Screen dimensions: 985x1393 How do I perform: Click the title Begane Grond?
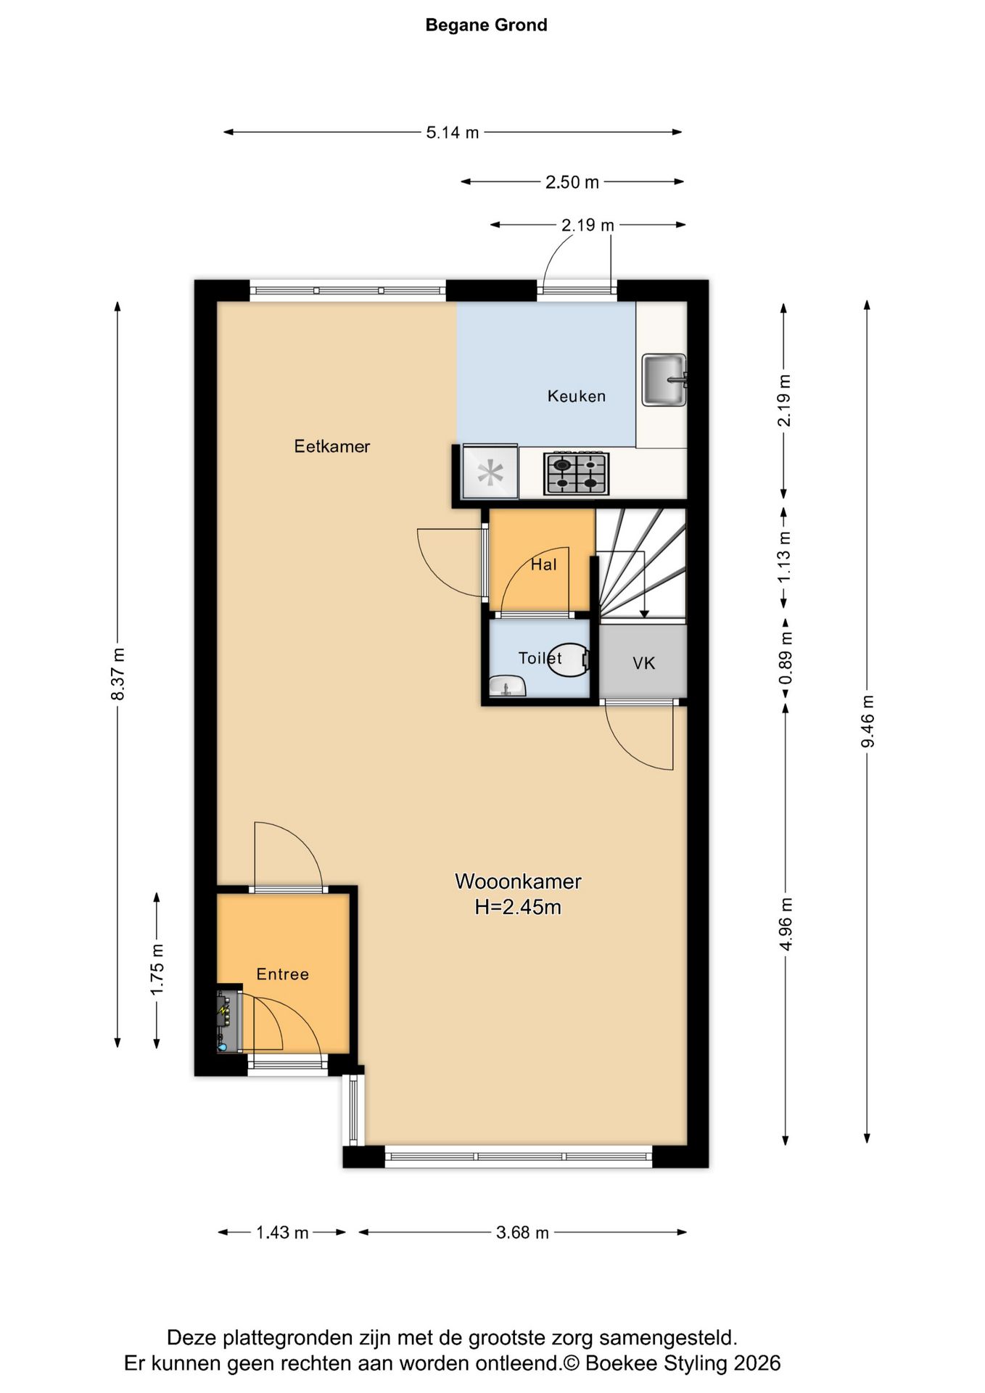point(486,25)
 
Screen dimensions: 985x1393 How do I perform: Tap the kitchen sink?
point(664,379)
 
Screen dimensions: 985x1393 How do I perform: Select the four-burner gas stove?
point(577,474)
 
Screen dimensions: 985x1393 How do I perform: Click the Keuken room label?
point(577,396)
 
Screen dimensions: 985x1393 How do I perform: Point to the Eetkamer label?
point(332,446)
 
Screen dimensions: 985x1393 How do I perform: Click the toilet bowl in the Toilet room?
point(568,659)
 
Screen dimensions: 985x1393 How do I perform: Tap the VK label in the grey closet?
point(644,662)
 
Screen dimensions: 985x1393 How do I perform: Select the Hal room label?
point(544,564)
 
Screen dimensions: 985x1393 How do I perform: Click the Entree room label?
point(283,974)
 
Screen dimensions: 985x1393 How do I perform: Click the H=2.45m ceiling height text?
point(518,907)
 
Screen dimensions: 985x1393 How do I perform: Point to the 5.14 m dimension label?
point(453,133)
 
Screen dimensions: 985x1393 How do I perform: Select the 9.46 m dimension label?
point(867,721)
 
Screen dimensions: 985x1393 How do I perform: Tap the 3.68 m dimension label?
point(522,1233)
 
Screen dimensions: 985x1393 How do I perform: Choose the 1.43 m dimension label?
point(282,1233)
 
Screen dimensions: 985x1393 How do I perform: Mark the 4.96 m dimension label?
point(786,924)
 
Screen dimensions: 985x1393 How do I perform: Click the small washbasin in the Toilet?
point(508,686)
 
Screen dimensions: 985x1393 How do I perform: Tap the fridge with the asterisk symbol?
point(490,472)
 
